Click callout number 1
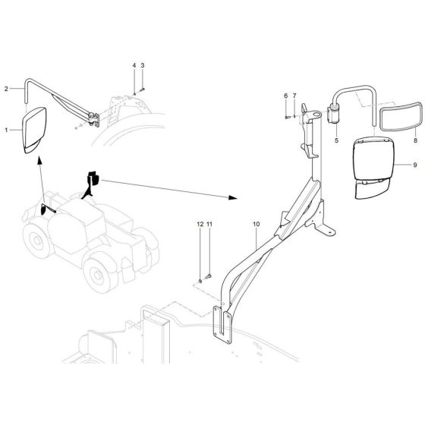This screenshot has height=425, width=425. click(x=7, y=130)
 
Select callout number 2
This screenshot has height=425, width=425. click(x=7, y=89)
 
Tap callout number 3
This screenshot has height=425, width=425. click(x=142, y=66)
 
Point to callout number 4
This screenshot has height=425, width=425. click(x=134, y=66)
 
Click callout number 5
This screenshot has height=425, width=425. click(x=336, y=142)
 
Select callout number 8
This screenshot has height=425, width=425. click(x=415, y=142)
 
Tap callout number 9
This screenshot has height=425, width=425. click(x=415, y=165)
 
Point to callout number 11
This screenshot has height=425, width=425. click(x=210, y=225)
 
